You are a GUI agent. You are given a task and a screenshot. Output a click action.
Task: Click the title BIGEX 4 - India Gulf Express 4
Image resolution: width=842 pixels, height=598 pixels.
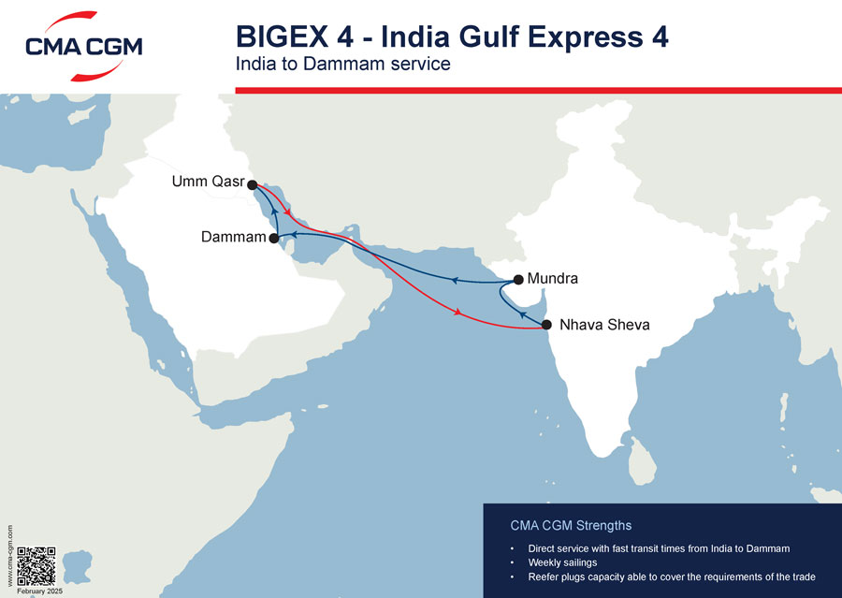(x=452, y=37)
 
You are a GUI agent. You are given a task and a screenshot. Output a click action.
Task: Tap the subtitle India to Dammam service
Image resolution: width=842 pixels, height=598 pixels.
(x=343, y=65)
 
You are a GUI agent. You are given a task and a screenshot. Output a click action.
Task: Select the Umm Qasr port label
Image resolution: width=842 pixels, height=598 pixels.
(x=207, y=181)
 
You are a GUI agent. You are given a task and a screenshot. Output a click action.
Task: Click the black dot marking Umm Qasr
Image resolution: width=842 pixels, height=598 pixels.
(x=252, y=185)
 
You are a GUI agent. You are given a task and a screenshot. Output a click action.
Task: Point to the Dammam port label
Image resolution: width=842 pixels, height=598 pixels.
(x=234, y=238)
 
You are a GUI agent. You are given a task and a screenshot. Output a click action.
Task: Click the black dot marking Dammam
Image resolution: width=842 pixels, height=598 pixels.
(x=274, y=239)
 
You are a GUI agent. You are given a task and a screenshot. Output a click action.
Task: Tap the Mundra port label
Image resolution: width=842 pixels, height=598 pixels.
(x=553, y=279)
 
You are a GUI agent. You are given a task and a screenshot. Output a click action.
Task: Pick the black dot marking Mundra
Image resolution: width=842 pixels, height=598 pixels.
(x=518, y=279)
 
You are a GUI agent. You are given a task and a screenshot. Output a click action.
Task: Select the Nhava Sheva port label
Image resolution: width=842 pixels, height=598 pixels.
(x=603, y=326)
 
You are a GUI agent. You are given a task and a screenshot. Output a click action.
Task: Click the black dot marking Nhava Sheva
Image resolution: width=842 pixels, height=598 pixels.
(x=546, y=325)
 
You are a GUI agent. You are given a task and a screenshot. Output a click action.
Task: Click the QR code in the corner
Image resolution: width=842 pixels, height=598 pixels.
(x=37, y=565)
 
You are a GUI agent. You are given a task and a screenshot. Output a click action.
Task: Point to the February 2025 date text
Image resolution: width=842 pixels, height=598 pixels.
(x=38, y=591)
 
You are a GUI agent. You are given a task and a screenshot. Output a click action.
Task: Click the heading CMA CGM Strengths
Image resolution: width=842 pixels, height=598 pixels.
(x=571, y=525)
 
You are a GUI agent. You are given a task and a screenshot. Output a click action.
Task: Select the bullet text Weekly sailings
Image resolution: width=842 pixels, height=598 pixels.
(x=562, y=562)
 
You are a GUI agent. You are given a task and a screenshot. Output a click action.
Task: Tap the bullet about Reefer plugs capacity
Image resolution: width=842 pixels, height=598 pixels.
(x=672, y=576)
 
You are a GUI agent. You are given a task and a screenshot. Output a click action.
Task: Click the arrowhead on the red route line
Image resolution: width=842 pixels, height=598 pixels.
(x=457, y=313)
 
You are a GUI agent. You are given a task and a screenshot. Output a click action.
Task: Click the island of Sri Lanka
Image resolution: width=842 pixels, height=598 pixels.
(x=640, y=458)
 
